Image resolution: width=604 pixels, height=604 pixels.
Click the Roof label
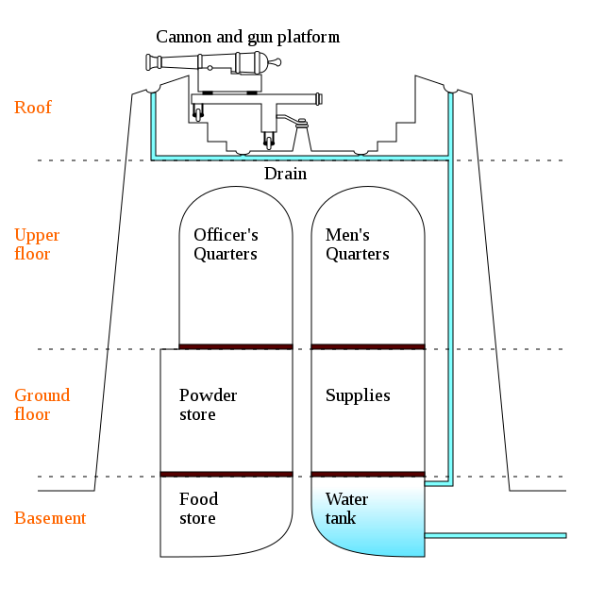point(32,108)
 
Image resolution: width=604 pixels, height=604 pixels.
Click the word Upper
point(37,235)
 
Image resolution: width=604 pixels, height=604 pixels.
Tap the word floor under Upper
point(32,254)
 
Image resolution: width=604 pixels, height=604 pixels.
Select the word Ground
point(42,395)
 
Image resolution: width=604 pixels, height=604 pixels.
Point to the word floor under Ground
point(32,414)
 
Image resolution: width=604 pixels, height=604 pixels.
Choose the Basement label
point(50,518)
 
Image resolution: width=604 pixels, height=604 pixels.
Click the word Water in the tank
point(346,499)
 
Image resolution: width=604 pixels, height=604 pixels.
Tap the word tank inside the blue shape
point(341,518)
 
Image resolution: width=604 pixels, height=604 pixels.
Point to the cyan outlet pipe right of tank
point(495,535)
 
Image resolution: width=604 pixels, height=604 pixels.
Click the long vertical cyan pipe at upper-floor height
point(450,245)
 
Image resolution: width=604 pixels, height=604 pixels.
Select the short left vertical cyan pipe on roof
point(153,125)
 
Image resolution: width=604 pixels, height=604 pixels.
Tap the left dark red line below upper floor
point(236,346)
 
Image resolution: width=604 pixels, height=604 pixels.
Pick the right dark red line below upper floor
point(367,346)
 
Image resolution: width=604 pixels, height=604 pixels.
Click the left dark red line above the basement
point(226,474)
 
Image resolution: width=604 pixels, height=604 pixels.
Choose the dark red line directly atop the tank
point(367,474)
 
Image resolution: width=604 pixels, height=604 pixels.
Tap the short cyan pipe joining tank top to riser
point(438,484)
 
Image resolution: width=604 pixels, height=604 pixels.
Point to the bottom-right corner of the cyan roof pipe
point(449,158)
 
